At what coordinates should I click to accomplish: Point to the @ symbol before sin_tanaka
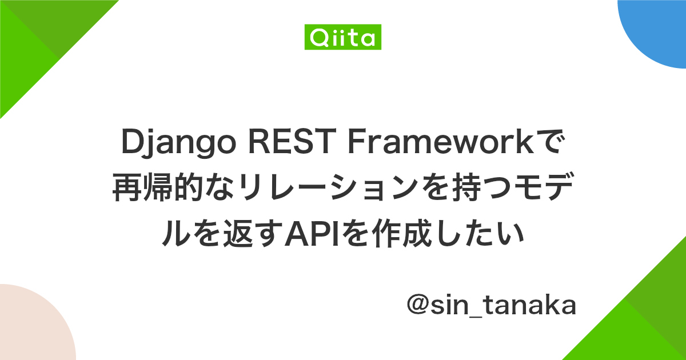(x=418, y=306)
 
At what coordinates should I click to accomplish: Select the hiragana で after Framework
(x=551, y=146)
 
